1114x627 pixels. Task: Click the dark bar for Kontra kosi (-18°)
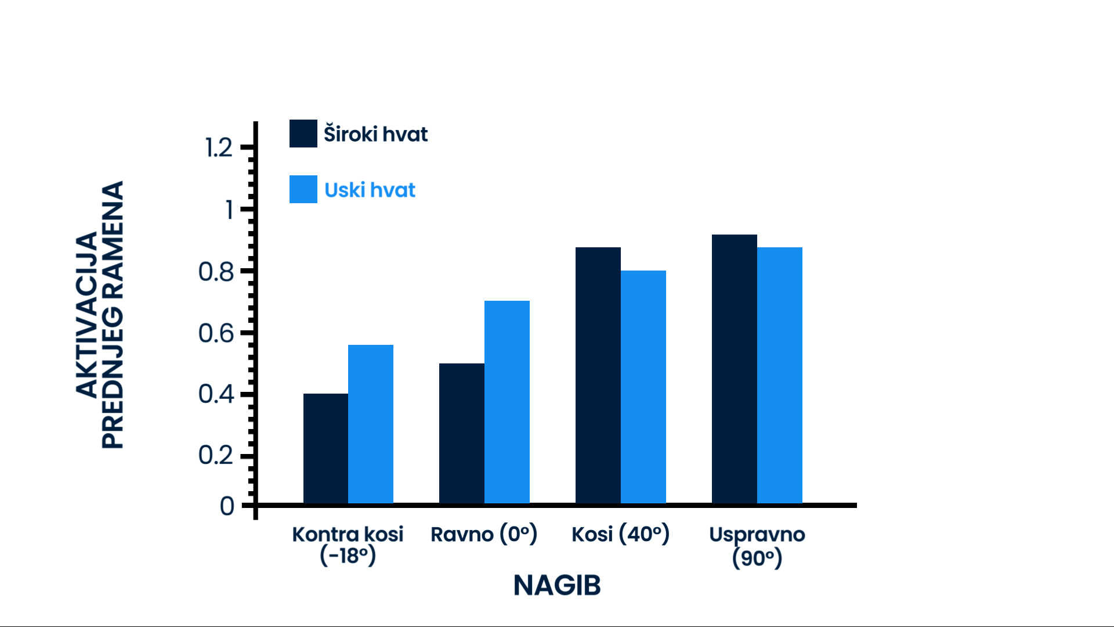325,448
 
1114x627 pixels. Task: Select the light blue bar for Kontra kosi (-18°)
371,424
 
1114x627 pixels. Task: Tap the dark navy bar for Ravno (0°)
462,433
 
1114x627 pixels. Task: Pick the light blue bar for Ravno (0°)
507,402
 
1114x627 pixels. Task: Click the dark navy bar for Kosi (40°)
598,375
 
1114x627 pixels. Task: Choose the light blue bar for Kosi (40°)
643,387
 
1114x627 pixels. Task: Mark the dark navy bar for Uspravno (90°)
735,369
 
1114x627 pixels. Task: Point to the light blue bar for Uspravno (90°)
780,375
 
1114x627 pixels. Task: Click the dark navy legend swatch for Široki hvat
303,134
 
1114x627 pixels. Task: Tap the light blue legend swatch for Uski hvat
303,189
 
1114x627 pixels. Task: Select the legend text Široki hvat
375,134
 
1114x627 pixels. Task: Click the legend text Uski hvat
370,190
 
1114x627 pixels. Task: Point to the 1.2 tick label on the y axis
219,147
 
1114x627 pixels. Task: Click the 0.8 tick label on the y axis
216,272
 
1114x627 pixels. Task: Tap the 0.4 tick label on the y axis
216,394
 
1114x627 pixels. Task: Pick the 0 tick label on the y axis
227,506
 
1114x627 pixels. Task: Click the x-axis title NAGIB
557,585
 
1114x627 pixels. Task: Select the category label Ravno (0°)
484,534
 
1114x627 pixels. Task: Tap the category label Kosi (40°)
620,534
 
